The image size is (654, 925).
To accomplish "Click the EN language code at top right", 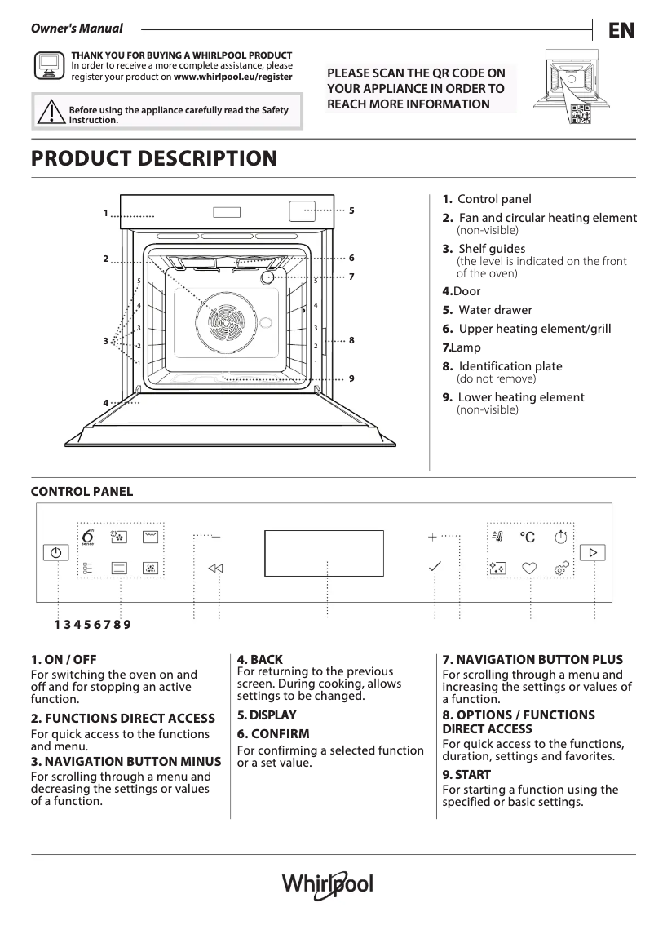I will pyautogui.click(x=621, y=30).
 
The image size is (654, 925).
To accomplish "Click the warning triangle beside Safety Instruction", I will pyautogui.click(x=50, y=112).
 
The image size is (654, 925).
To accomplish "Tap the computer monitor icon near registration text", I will pyautogui.click(x=48, y=64).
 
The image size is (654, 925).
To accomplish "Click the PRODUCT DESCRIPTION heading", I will pyautogui.click(x=153, y=158).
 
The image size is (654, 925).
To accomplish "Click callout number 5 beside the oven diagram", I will pyautogui.click(x=351, y=210).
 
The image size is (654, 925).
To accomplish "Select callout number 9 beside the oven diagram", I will pyautogui.click(x=351, y=378).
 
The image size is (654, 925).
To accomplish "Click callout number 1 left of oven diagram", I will pyautogui.click(x=105, y=214).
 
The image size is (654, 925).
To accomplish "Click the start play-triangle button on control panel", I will pyautogui.click(x=594, y=553).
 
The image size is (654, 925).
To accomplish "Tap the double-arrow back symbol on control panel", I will pyautogui.click(x=215, y=569).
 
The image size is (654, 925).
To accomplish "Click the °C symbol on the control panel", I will pyautogui.click(x=528, y=538).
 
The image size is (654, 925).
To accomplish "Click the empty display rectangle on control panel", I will pyautogui.click(x=325, y=553).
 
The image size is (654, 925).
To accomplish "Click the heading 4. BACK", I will pyautogui.click(x=260, y=659).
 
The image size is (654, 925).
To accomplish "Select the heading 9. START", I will pyautogui.click(x=466, y=774).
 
